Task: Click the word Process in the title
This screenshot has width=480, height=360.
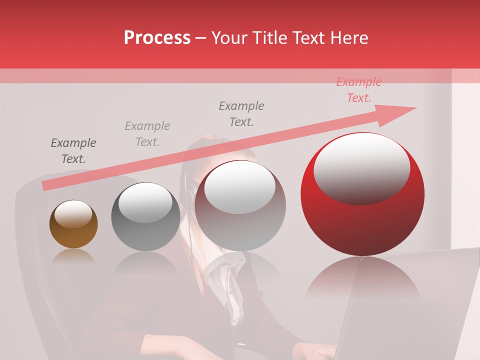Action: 157,38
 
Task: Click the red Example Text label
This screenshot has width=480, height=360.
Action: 358,90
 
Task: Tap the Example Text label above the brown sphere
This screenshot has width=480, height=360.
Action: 73,151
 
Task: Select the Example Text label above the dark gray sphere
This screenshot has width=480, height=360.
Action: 147,133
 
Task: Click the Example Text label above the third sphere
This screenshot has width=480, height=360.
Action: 241,113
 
